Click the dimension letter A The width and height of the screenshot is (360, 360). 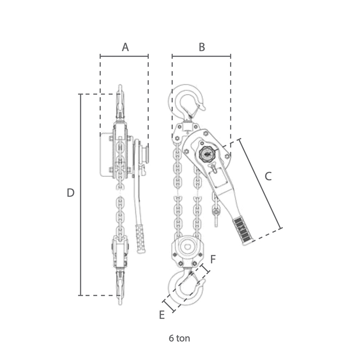click(x=125, y=47)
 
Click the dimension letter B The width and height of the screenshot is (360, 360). click(x=202, y=47)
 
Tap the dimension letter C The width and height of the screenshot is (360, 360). click(x=268, y=176)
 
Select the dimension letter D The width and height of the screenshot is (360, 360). click(x=71, y=193)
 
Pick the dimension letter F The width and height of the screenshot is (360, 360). click(x=213, y=260)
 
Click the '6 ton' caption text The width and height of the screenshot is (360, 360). click(x=179, y=338)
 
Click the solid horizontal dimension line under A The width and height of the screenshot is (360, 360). click(x=124, y=56)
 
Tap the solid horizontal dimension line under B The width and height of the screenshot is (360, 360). click(x=201, y=56)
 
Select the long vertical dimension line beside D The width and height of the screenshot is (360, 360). click(x=81, y=195)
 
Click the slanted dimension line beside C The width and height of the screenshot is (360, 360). click(x=261, y=184)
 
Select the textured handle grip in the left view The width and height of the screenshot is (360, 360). click(x=140, y=239)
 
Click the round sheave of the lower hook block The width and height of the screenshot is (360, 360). click(x=188, y=247)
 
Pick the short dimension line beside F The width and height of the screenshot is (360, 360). click(x=205, y=269)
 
